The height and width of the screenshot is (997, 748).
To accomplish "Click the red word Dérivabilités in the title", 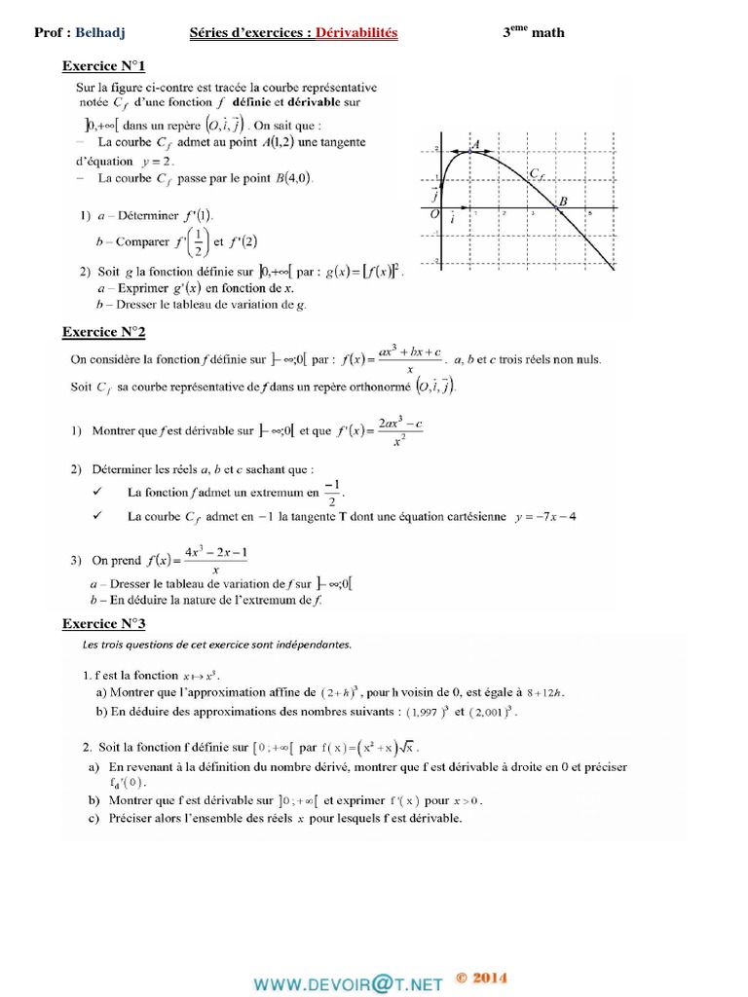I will click(355, 33).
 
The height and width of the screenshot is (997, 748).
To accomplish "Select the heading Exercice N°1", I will click(103, 67).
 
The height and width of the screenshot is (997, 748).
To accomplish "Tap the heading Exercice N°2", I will click(103, 332).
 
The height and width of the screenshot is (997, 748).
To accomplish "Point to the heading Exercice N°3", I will click(103, 622).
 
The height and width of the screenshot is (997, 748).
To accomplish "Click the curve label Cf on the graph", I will click(536, 174).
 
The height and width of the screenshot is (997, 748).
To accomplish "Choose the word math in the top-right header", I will click(547, 33).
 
